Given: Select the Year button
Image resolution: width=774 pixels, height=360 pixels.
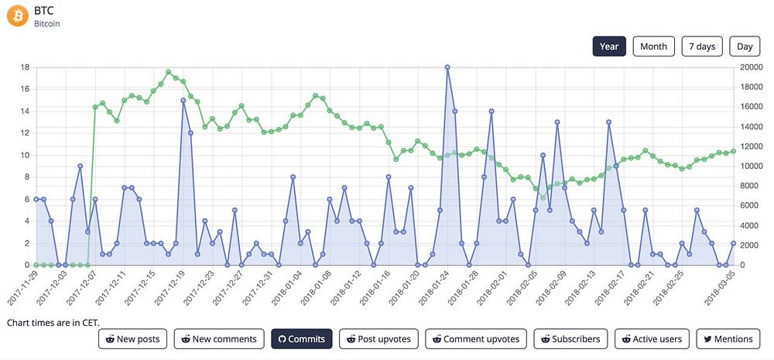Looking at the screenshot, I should (x=609, y=46).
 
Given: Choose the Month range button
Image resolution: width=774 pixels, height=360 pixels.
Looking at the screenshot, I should (x=653, y=46).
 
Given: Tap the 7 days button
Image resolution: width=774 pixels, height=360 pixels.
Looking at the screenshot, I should (x=702, y=46).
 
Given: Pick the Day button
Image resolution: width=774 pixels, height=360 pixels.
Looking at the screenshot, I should (x=745, y=46).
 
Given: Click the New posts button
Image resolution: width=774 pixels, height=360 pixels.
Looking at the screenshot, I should (x=132, y=339).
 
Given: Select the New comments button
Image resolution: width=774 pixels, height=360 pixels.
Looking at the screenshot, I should (x=218, y=339).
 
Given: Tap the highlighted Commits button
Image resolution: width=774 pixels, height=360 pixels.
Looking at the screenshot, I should (x=301, y=339).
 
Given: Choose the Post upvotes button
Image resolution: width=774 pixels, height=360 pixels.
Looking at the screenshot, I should (x=379, y=339).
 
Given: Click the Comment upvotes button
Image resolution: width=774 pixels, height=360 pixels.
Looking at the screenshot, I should (x=476, y=339).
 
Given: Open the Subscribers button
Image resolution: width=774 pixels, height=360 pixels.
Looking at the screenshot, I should (x=570, y=339).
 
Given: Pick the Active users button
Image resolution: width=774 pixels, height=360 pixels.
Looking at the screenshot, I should (x=652, y=339).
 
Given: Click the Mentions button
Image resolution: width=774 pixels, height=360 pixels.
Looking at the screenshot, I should (x=728, y=339).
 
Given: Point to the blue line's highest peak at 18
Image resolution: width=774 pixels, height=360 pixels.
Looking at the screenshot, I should (x=447, y=67).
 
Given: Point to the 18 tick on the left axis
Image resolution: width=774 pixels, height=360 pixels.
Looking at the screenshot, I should (x=25, y=67).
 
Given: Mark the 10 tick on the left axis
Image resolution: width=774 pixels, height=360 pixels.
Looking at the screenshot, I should (x=25, y=155).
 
